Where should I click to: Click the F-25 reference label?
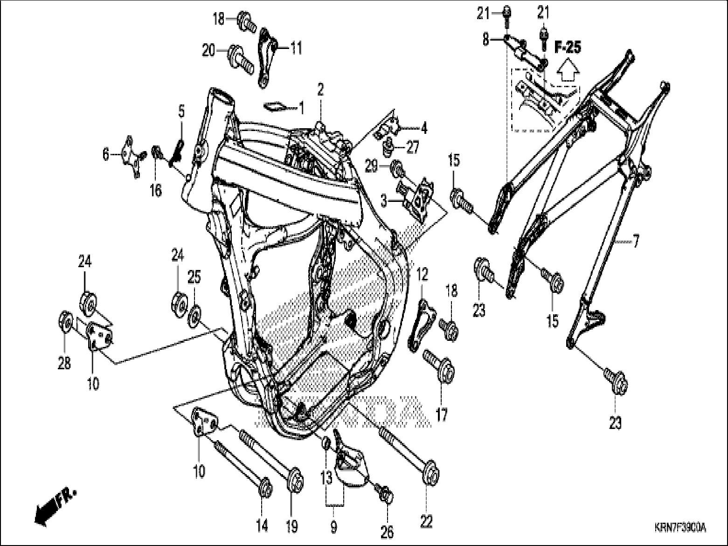(x=567, y=48)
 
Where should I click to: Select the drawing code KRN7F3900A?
(x=679, y=528)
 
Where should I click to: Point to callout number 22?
(x=426, y=520)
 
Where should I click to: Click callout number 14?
(x=262, y=526)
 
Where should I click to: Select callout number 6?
(x=106, y=154)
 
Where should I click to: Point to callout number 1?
(x=301, y=109)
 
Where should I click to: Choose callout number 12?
(x=422, y=274)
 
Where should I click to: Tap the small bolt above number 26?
(x=386, y=493)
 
